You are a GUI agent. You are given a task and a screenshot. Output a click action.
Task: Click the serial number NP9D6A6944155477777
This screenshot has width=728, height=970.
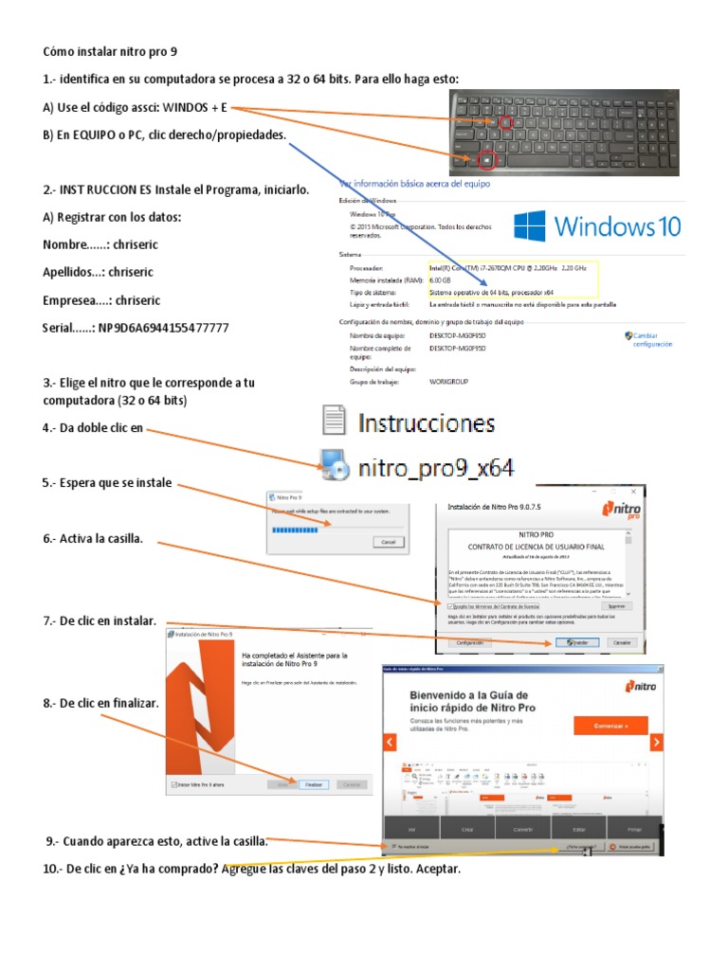click(x=164, y=328)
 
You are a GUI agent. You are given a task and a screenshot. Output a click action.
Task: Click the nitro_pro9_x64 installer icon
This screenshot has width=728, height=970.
click(x=334, y=464)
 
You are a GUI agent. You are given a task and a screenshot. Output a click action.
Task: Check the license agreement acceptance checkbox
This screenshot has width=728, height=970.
click(x=451, y=605)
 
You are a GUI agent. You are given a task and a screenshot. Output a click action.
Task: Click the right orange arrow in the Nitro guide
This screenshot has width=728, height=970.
click(x=656, y=742)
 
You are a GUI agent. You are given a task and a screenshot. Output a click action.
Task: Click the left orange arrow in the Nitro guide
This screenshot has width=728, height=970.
click(x=389, y=742)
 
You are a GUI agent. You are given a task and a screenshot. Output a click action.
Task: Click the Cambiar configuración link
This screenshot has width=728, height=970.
click(x=652, y=340)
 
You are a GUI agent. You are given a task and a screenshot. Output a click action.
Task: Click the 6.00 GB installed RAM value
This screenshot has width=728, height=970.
click(x=440, y=280)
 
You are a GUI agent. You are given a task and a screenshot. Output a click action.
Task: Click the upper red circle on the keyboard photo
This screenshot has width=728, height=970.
click(x=504, y=122)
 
